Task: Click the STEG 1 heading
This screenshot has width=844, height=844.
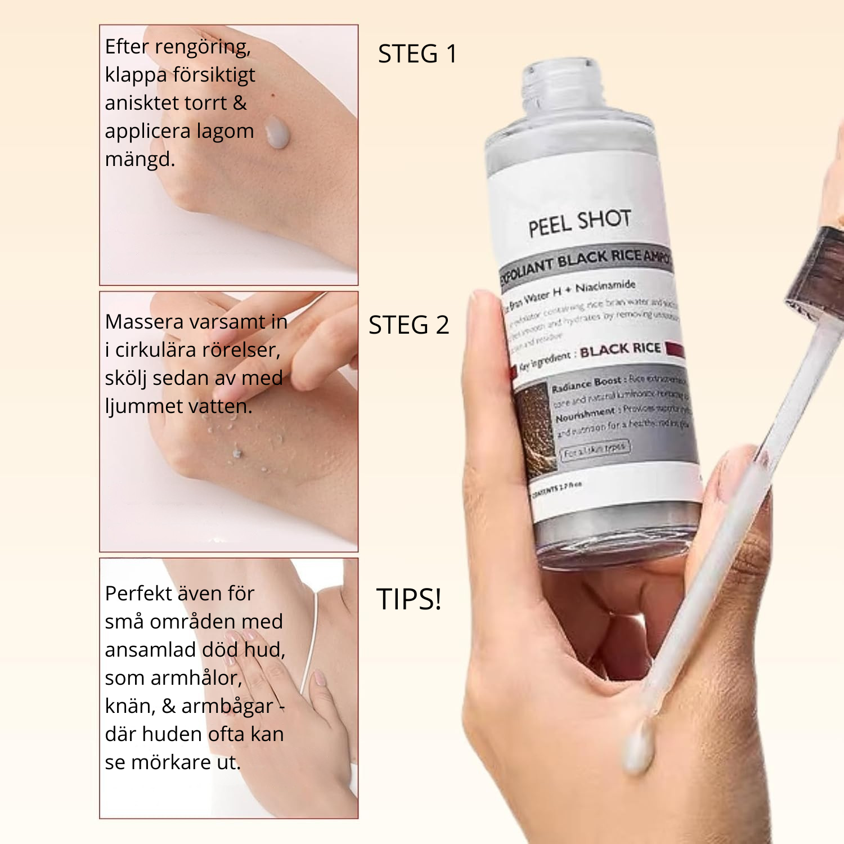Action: coord(417,54)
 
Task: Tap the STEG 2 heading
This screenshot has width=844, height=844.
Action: coord(408,325)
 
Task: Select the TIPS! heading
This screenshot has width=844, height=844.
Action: coord(408,599)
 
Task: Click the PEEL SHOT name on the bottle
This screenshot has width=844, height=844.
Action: coord(579,222)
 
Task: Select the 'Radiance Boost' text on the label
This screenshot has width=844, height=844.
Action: coord(586,384)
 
